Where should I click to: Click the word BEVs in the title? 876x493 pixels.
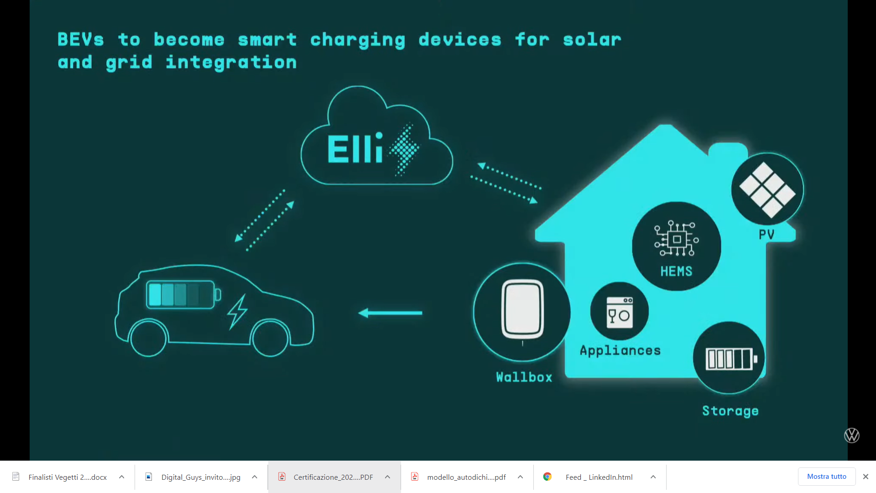pos(81,39)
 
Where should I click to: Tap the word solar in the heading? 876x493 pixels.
pos(592,39)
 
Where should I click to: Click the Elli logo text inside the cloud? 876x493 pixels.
pos(355,148)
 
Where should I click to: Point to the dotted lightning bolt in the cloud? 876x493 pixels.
pos(404,149)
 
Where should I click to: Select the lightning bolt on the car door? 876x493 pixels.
pos(237,312)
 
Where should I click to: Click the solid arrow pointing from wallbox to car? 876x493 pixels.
pos(390,313)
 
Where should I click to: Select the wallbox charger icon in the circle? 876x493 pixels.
pos(522,309)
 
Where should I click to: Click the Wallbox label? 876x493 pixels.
pos(524,377)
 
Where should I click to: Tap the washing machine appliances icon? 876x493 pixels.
pos(620,312)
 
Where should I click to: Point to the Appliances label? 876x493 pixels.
pos(620,351)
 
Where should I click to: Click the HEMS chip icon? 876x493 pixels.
pos(677,239)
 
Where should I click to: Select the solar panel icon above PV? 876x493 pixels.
pos(767,190)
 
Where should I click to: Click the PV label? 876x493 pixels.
pos(766,235)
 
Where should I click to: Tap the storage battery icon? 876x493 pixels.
pos(731,358)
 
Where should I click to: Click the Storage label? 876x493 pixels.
pos(730,411)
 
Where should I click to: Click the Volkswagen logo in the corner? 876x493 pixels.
pos(852,435)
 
